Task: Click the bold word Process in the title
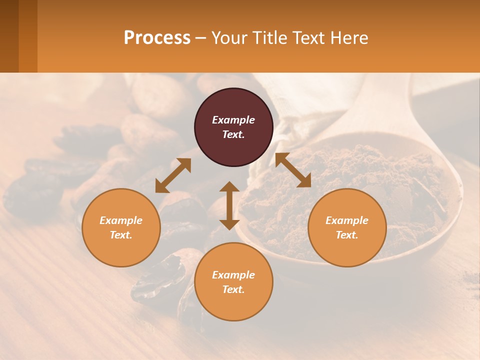(157, 38)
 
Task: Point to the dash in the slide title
(200, 38)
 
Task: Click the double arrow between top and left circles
(173, 175)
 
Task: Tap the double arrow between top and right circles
(293, 170)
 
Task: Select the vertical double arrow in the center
(229, 205)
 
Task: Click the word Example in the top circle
(233, 120)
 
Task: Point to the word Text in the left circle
(121, 235)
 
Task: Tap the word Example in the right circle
(347, 220)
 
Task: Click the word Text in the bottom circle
(233, 289)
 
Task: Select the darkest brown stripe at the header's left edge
(9, 36)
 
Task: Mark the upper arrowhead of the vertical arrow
(229, 187)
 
